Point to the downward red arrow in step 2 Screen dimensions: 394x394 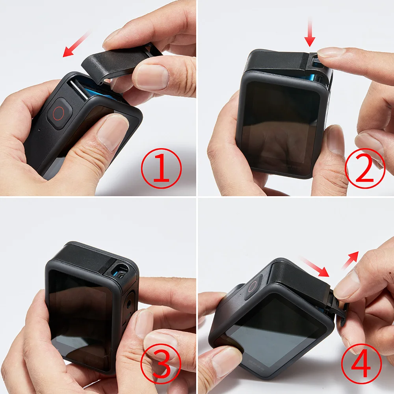(310, 34)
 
